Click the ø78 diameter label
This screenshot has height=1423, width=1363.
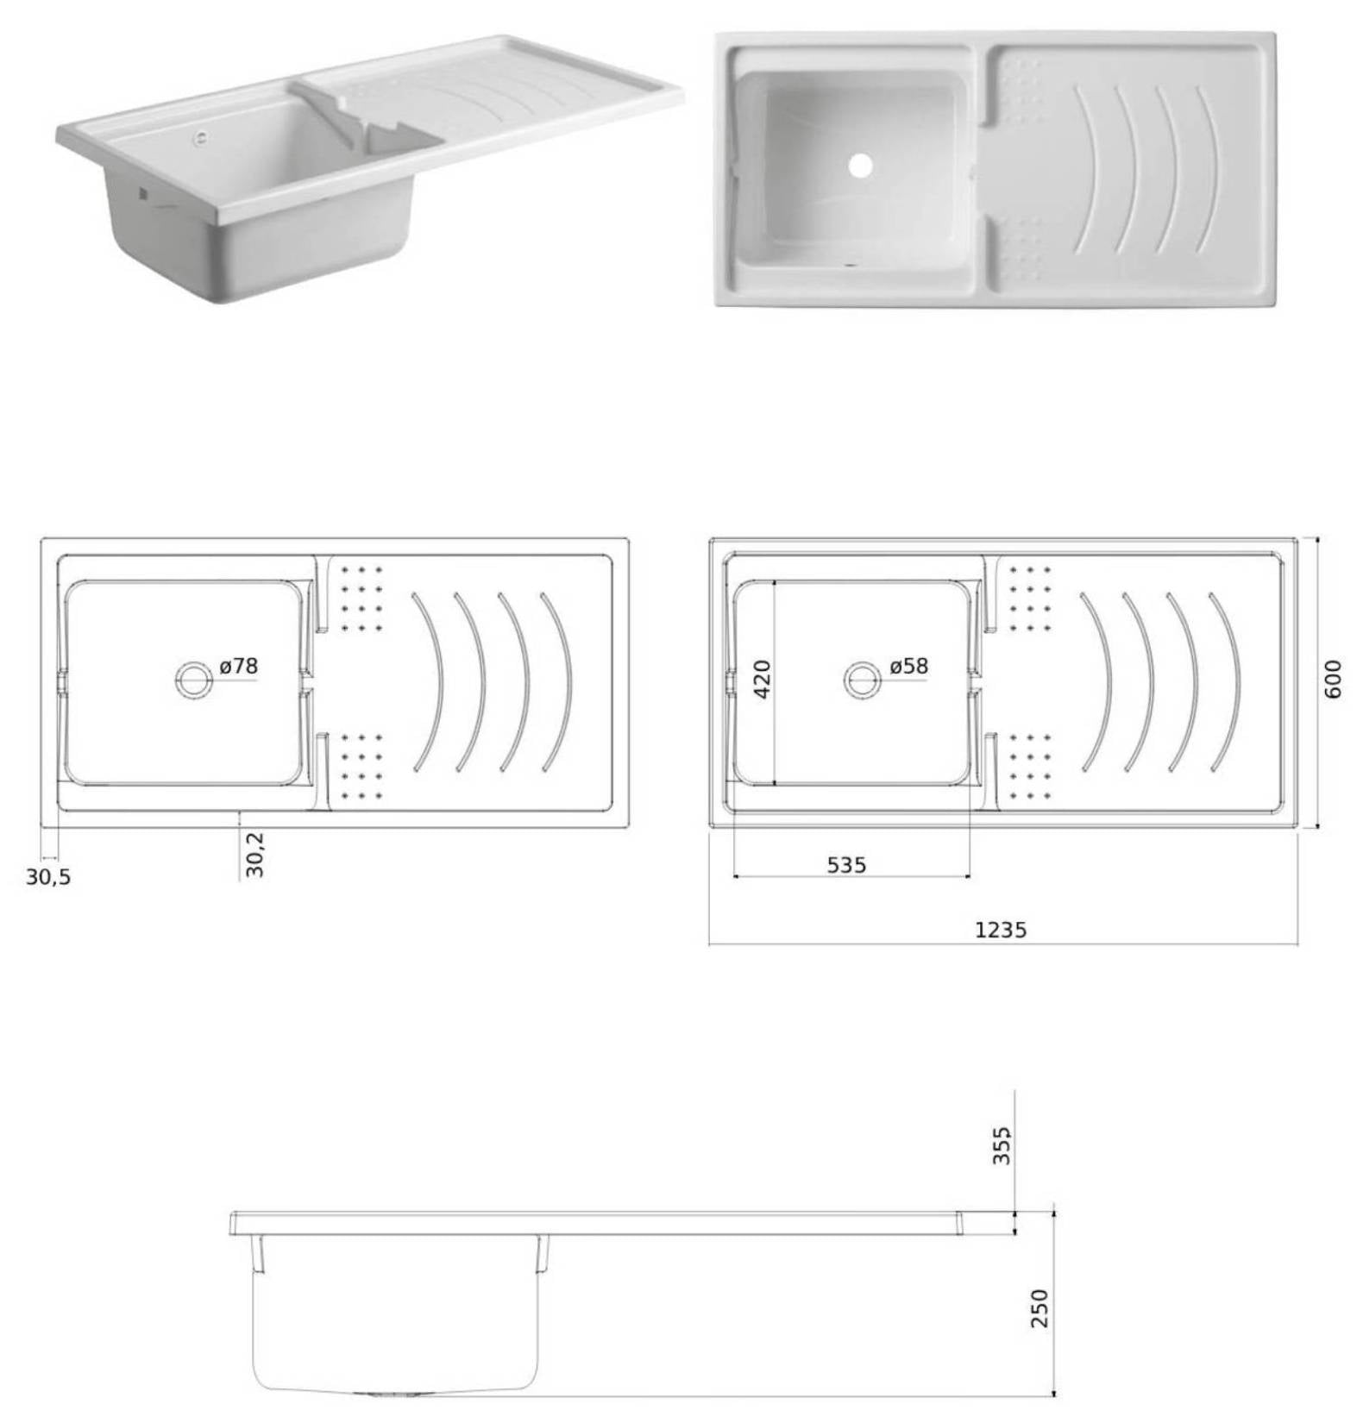238,667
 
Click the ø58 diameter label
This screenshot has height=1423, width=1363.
908,667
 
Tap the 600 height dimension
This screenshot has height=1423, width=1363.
1333,679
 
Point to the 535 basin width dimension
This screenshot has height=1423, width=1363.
846,865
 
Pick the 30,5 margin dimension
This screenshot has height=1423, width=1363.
48,878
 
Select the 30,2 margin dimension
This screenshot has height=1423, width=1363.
255,855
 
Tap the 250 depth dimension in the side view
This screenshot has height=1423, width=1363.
1040,1308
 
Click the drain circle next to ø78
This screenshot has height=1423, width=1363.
193,680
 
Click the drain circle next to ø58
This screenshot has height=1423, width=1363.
862,680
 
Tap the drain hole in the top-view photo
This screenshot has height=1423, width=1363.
860,166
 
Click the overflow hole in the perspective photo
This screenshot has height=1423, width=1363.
201,136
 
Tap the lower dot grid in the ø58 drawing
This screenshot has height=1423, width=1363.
1030,766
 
